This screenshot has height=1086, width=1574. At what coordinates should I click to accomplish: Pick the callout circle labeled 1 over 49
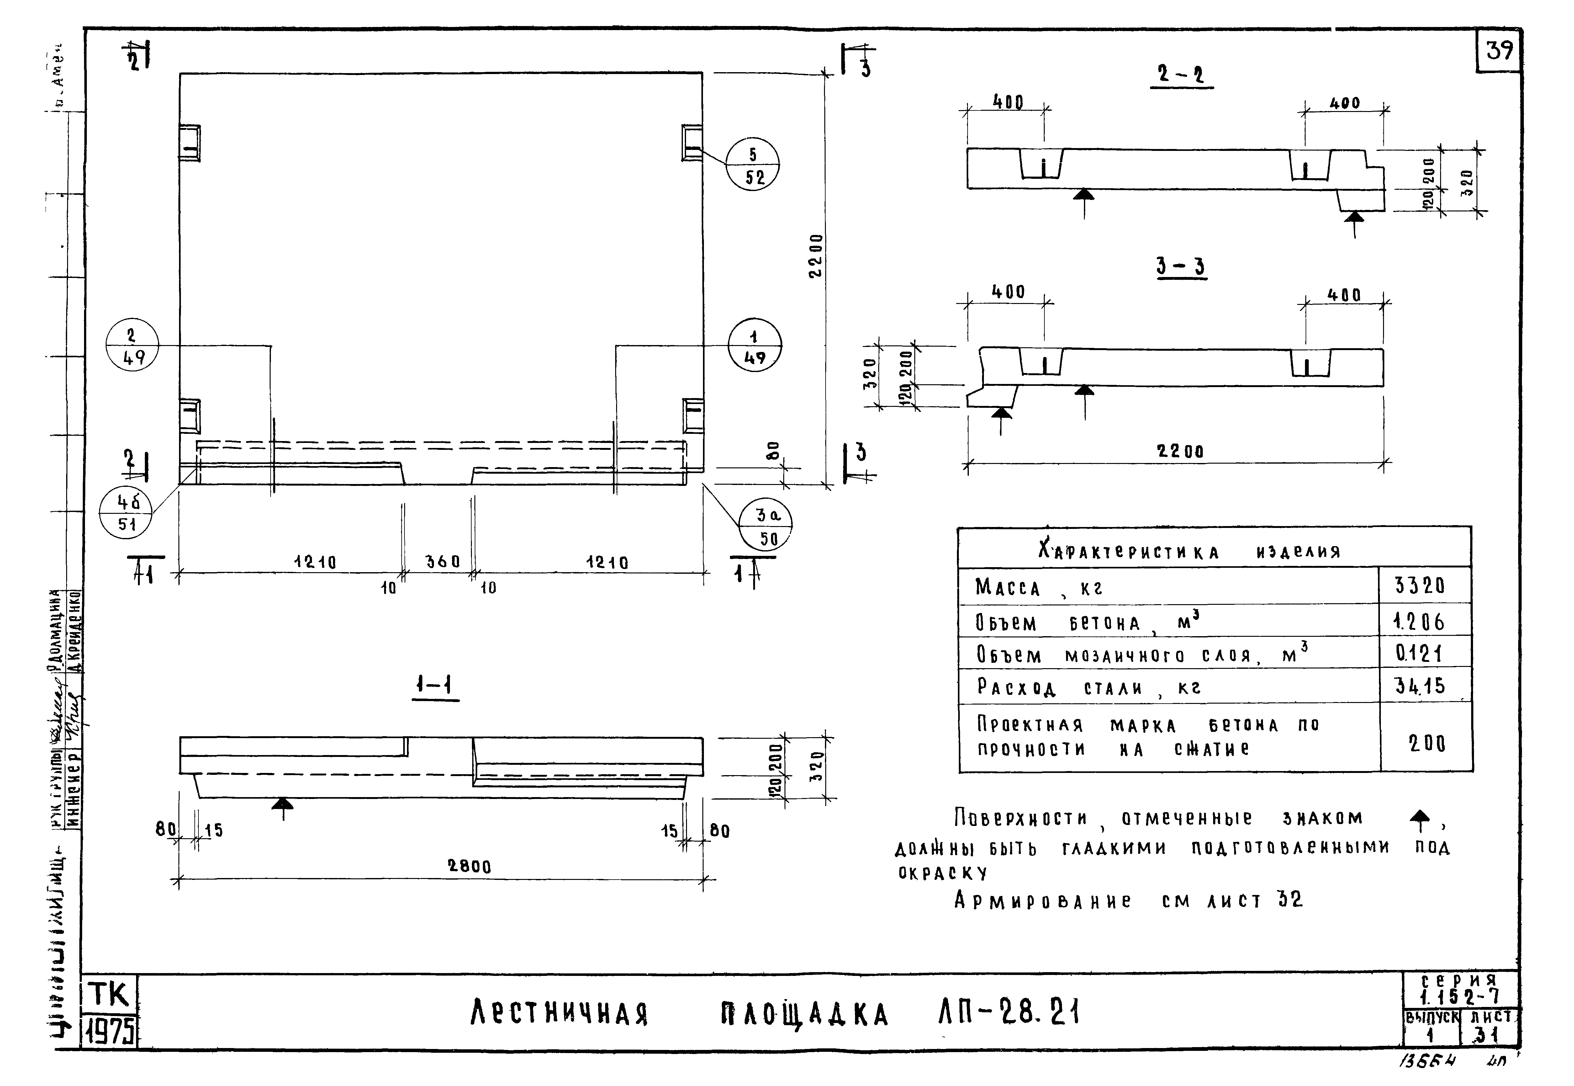(754, 346)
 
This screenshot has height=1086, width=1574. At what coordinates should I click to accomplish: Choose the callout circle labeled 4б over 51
(126, 512)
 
